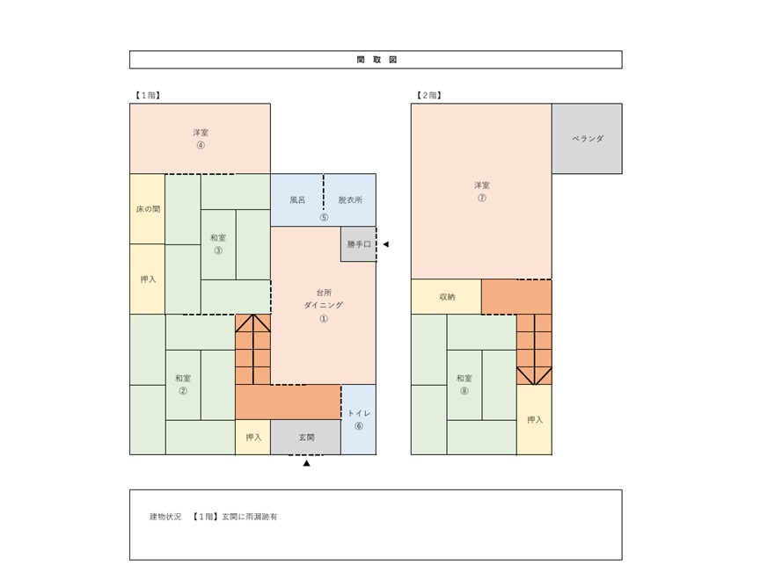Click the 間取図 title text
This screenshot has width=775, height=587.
tap(377, 60)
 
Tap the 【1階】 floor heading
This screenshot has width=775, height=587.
tap(147, 95)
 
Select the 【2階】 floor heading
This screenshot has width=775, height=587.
tap(428, 95)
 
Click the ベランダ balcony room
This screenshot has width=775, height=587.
tap(587, 139)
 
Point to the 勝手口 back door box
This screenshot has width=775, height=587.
tap(358, 244)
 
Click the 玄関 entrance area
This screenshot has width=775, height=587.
tap(306, 438)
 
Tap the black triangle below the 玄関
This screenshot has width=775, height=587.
tap(306, 463)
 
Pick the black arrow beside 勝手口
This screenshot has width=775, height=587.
tap(386, 244)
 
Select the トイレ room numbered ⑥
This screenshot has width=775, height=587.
tap(359, 420)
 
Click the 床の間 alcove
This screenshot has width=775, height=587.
tap(148, 209)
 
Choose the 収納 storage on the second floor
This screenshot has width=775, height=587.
tap(446, 297)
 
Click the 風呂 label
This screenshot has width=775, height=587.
tap(297, 200)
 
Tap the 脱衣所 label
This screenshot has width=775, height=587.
tap(350, 200)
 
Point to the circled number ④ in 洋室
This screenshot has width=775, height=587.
tap(201, 145)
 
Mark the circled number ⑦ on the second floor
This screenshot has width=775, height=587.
tap(482, 198)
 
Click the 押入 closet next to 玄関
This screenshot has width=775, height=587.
tap(253, 438)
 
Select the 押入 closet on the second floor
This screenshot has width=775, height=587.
tap(534, 420)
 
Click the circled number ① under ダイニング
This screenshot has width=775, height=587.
tap(324, 318)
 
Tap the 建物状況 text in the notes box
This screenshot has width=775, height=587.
tap(165, 517)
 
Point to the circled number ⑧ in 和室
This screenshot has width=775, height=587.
tap(464, 391)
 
